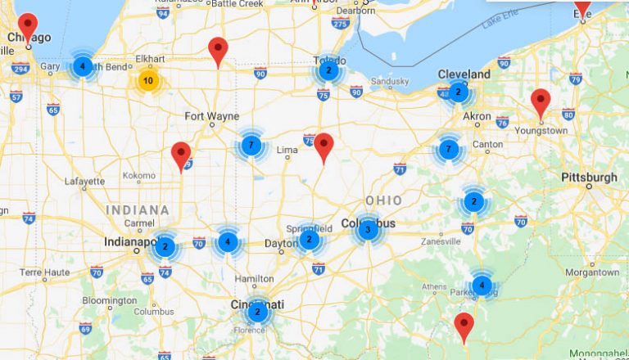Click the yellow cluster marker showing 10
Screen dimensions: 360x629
click(147, 80)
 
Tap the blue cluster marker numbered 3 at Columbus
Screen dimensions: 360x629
click(368, 230)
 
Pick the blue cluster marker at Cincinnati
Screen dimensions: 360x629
click(257, 312)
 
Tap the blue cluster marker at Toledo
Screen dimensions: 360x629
click(328, 71)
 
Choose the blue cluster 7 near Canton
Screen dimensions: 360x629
click(448, 150)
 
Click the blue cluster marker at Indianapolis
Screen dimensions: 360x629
click(165, 246)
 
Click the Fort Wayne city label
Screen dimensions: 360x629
click(211, 116)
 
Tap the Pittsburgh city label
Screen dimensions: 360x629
click(589, 178)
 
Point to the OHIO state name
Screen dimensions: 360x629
click(383, 200)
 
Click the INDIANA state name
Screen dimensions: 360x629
click(137, 210)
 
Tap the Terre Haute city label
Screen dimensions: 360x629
click(42, 272)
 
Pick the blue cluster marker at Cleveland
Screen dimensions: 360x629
click(459, 92)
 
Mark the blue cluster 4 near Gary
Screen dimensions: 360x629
click(82, 65)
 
